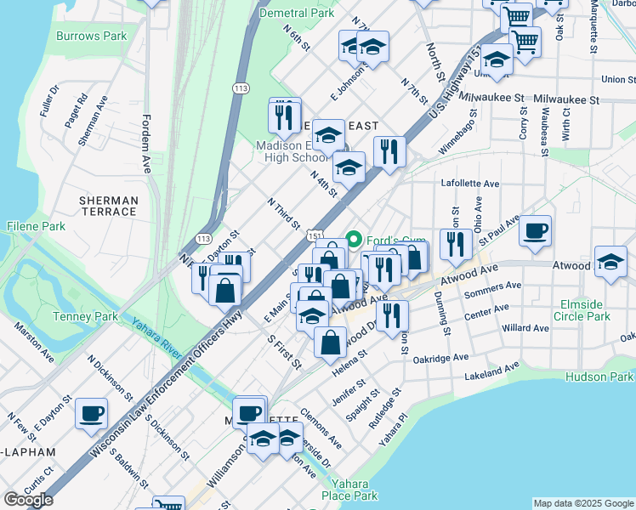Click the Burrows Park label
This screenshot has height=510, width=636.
(x=91, y=37)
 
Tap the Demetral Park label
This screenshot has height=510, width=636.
(x=297, y=14)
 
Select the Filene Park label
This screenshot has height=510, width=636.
(x=36, y=227)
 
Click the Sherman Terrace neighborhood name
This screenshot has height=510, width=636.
(x=108, y=205)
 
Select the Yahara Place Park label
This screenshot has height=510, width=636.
(x=349, y=490)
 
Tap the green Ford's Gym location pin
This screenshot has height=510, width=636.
(x=355, y=238)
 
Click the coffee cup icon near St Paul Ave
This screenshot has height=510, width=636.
(x=535, y=230)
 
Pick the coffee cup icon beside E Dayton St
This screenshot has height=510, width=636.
(x=91, y=413)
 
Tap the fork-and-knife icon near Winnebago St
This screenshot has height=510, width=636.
(x=389, y=152)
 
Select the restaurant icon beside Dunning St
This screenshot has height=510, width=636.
(x=456, y=245)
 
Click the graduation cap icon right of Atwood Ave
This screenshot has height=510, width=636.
(x=610, y=262)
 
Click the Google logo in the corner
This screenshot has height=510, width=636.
(x=27, y=500)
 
